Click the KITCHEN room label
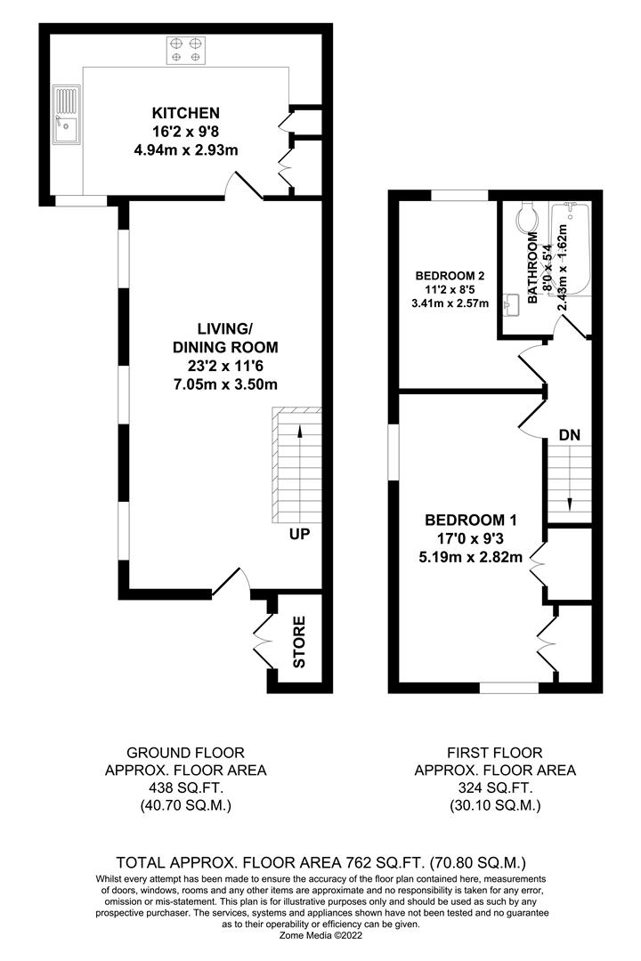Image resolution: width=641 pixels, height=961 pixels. point(185,113)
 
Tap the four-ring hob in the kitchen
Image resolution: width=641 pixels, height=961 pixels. point(186,50)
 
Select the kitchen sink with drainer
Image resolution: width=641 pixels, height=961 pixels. point(66,115)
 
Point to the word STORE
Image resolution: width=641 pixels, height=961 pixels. point(299,642)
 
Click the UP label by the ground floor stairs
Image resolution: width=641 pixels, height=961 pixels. point(300,534)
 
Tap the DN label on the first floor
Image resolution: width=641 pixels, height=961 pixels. point(569,435)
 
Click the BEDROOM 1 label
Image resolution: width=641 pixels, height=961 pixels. point(470,521)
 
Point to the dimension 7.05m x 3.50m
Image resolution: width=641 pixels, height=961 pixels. point(224,385)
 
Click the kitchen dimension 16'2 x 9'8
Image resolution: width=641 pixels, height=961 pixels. point(185,131)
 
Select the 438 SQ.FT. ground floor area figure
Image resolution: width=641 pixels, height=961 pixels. point(185,787)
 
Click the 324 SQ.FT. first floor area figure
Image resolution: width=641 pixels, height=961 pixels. point(494,787)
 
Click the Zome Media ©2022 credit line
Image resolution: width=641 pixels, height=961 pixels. point(320,936)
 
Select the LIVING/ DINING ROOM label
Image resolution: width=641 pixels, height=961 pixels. point(225,337)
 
